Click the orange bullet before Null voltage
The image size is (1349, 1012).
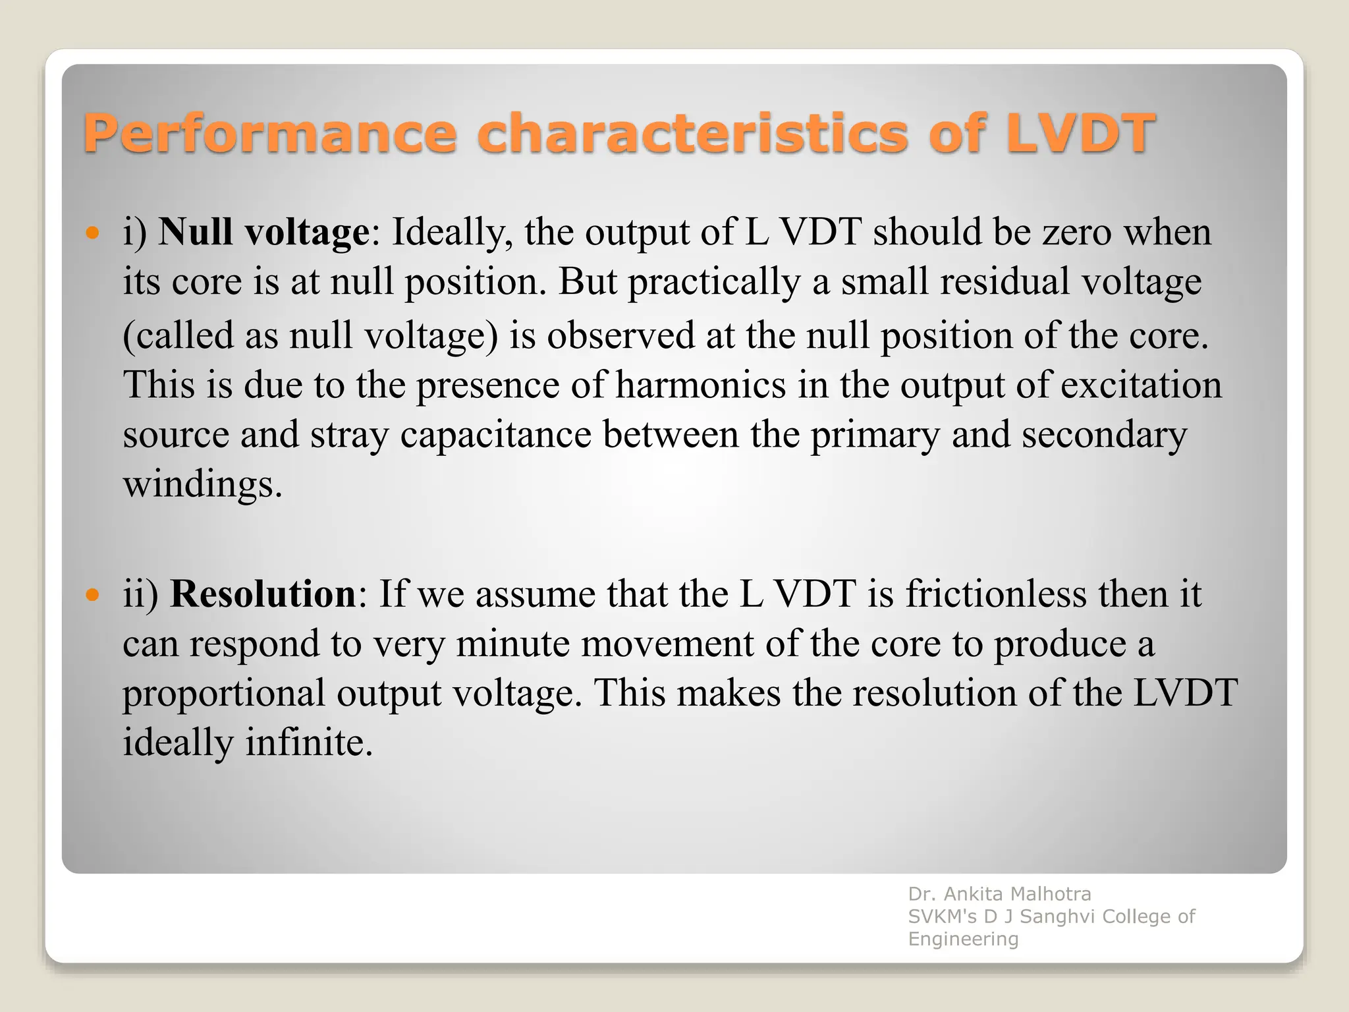[93, 233]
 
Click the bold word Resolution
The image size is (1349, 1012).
[263, 594]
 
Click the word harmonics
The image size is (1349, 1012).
[701, 385]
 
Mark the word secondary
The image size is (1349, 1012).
[1105, 435]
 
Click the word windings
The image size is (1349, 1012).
[202, 485]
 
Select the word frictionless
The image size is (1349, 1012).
[996, 594]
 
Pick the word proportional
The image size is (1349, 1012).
[224, 694]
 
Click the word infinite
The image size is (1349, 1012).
[309, 743]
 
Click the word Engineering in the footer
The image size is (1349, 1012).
[963, 939]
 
